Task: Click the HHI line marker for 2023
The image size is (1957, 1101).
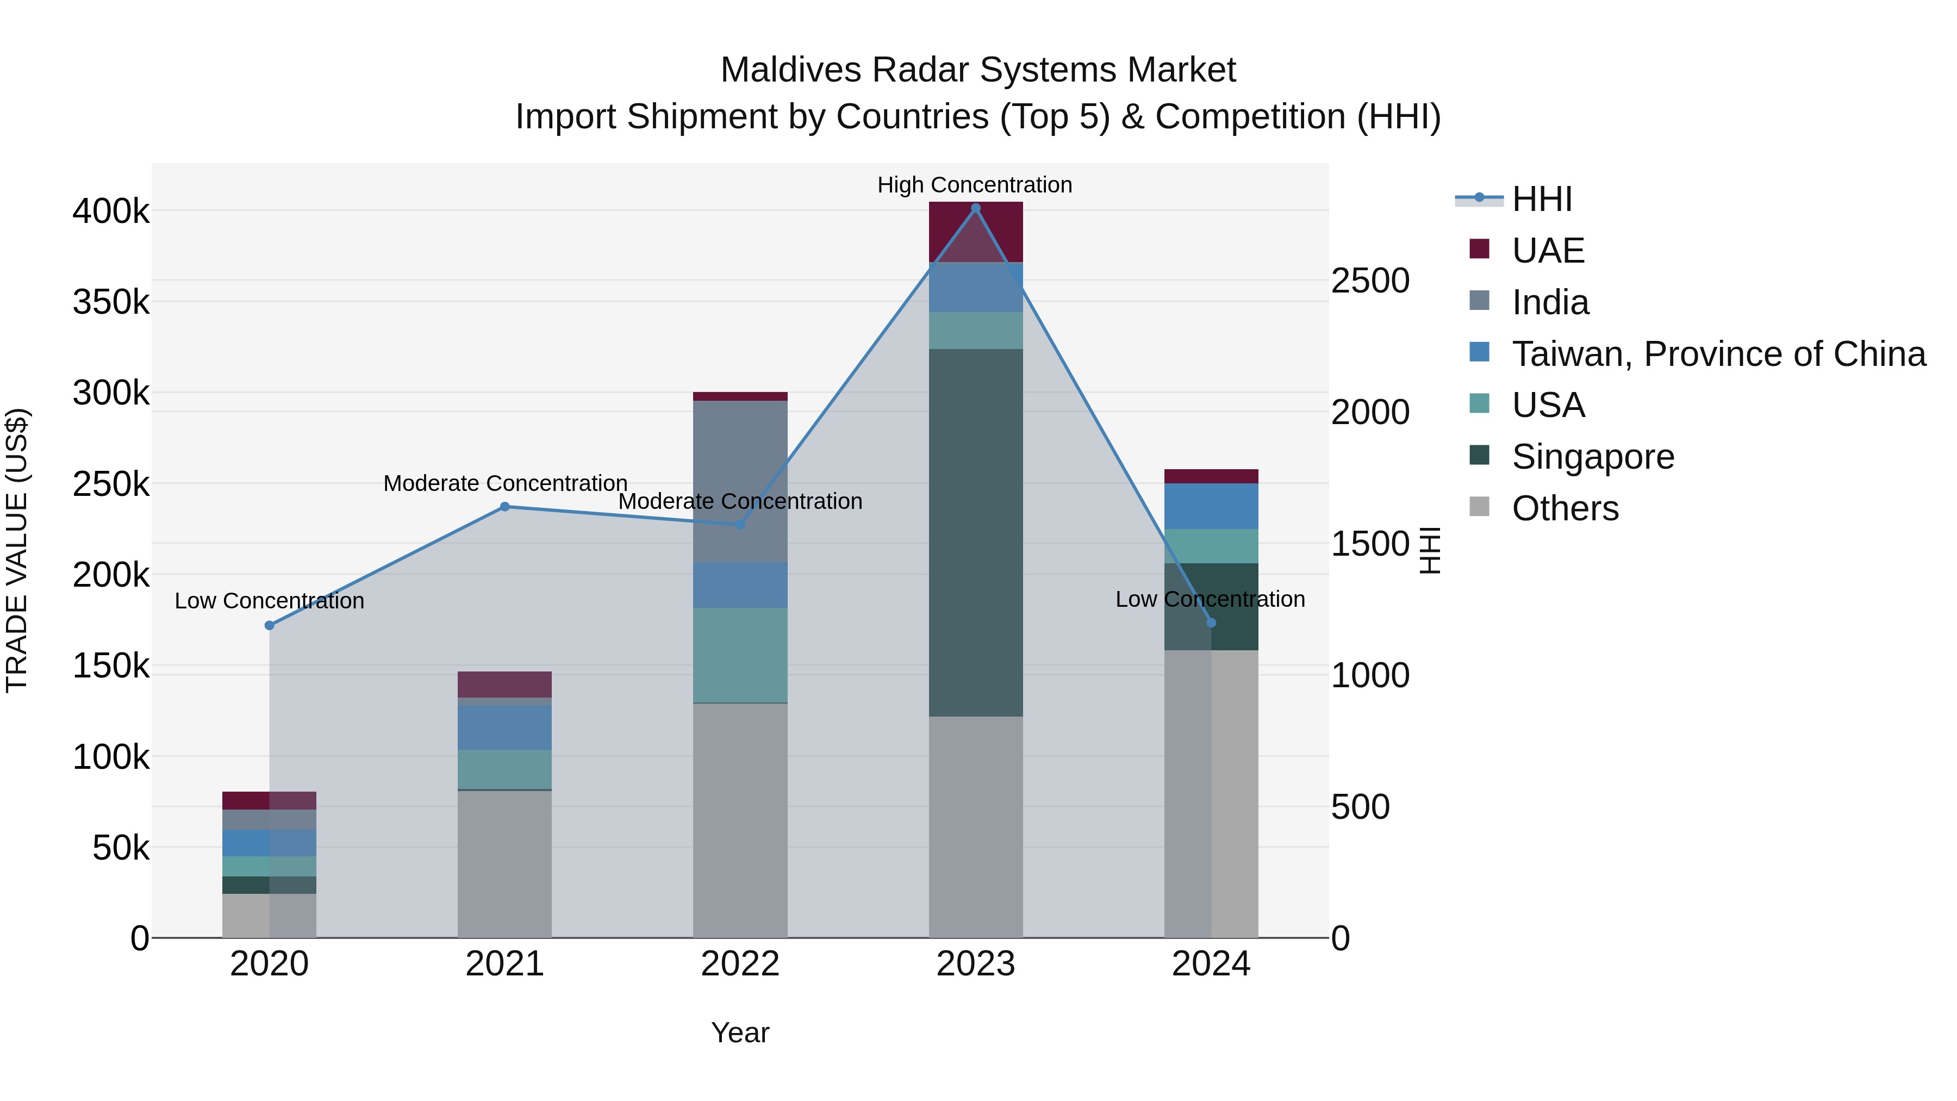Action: (975, 208)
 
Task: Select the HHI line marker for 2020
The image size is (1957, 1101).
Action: (269, 625)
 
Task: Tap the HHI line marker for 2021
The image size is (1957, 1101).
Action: (504, 507)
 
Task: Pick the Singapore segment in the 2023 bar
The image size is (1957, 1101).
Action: (975, 532)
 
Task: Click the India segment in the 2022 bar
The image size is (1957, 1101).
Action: (740, 481)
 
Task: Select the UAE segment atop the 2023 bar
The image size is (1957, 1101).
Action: (975, 231)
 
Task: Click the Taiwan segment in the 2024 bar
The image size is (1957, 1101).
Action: (1211, 506)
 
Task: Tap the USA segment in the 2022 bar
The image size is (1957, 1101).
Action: (740, 655)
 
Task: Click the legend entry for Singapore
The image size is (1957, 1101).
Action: (1592, 457)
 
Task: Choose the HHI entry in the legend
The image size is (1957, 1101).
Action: (1541, 199)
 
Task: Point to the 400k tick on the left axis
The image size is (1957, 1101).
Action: (111, 212)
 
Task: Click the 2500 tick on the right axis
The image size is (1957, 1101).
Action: (1370, 281)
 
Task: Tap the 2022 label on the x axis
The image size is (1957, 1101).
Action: (740, 964)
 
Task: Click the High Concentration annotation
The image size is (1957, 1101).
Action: (975, 185)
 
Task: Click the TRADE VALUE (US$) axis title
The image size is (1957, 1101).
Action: (17, 550)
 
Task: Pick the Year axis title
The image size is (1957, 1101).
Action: (740, 1032)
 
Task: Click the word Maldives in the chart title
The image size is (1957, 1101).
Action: (790, 70)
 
